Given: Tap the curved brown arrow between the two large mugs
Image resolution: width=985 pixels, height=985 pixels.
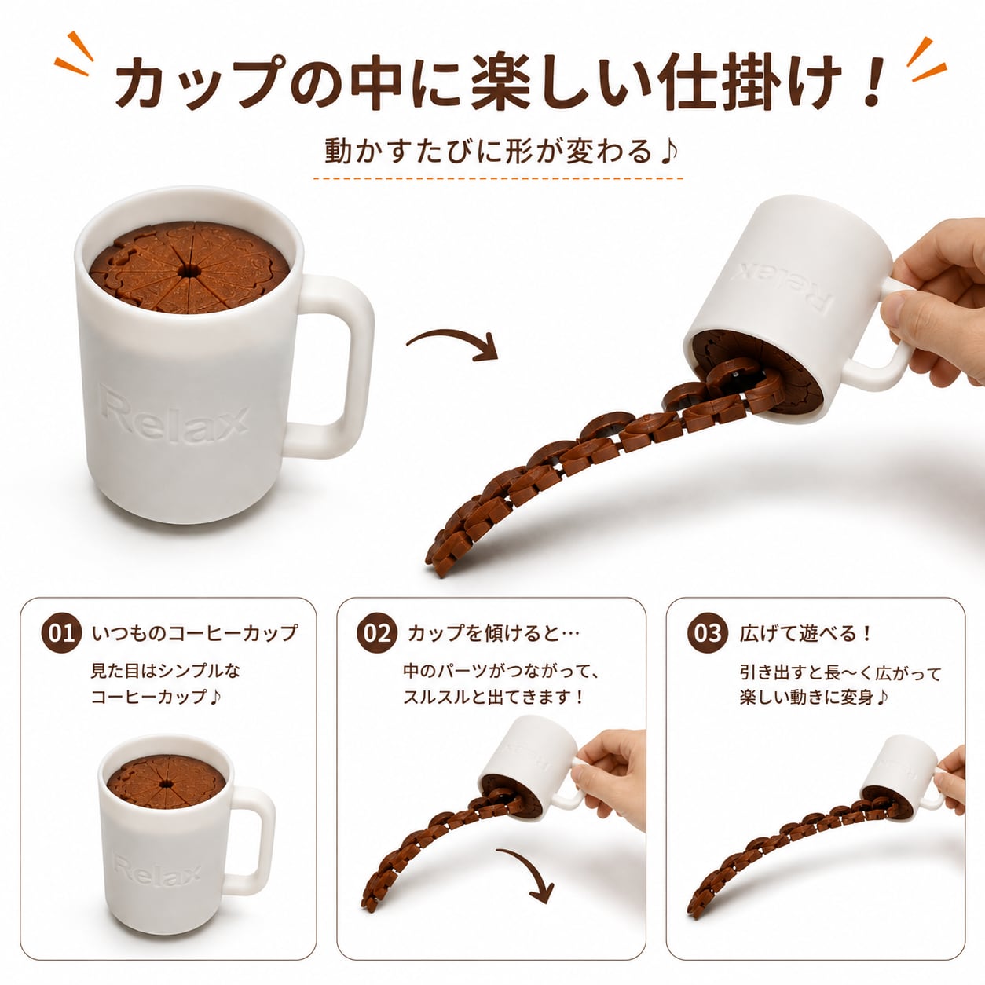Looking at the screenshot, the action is tap(452, 343).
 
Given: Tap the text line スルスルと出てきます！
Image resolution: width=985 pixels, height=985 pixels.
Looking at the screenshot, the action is tap(494, 698).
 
